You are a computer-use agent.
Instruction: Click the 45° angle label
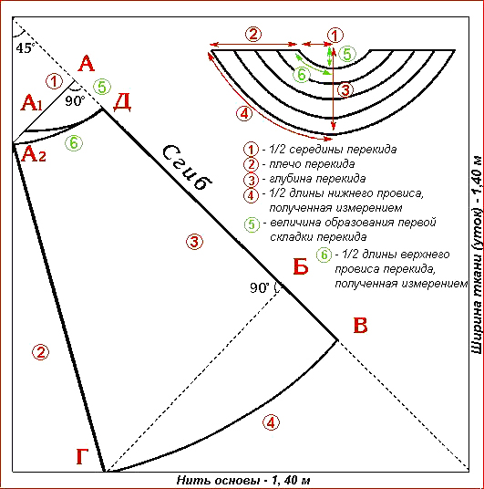pyautogui.click(x=25, y=48)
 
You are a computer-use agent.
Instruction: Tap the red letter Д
pyautogui.click(x=122, y=102)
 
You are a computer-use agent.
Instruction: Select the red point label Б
pyautogui.click(x=301, y=266)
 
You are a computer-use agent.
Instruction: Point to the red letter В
pyautogui.click(x=360, y=326)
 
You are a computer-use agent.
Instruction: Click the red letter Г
pyautogui.click(x=82, y=456)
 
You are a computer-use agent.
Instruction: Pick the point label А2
pyautogui.click(x=34, y=154)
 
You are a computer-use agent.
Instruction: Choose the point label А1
pyautogui.click(x=32, y=103)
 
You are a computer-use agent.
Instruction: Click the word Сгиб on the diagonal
pyautogui.click(x=187, y=168)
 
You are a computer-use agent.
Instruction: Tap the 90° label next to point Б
pyautogui.click(x=260, y=288)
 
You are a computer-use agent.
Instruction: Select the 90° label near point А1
pyautogui.click(x=75, y=101)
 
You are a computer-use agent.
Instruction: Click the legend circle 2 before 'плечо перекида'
pyautogui.click(x=252, y=164)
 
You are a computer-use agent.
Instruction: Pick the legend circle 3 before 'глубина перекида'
pyautogui.click(x=252, y=180)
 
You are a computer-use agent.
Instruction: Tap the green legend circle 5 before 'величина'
pyautogui.click(x=252, y=224)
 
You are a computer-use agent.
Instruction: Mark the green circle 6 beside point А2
pyautogui.click(x=74, y=143)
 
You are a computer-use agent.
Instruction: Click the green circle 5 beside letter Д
pyautogui.click(x=102, y=87)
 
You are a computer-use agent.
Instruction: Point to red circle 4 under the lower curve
pyautogui.click(x=271, y=423)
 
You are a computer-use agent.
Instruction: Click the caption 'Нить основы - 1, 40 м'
pyautogui.click(x=243, y=480)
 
